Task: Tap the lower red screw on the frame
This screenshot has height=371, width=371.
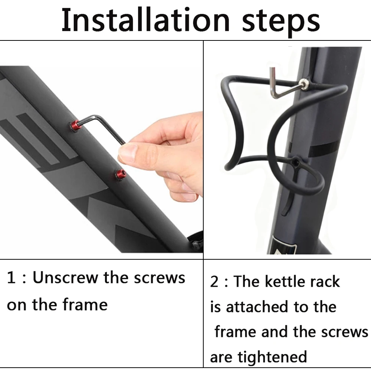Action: pyautogui.click(x=121, y=175)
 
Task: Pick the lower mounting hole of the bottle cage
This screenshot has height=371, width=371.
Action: pyautogui.click(x=295, y=162)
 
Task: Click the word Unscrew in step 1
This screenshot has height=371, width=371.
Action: pyautogui.click(x=65, y=277)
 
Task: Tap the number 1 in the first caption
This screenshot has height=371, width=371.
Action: pyautogui.click(x=11, y=277)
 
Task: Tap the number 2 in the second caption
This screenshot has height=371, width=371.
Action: pyautogui.click(x=214, y=282)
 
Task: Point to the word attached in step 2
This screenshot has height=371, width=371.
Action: pyautogui.click(x=257, y=306)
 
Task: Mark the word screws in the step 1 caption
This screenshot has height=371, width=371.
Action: pyautogui.click(x=160, y=278)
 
